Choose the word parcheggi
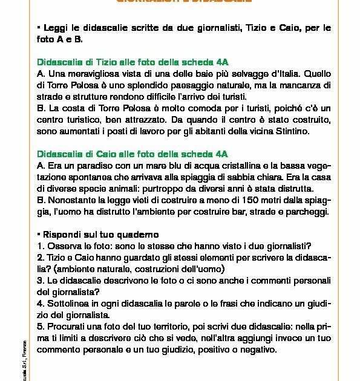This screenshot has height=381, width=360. pos(307,211)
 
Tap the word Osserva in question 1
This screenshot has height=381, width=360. pos(65,246)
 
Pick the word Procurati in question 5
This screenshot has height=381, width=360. pos(68,325)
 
